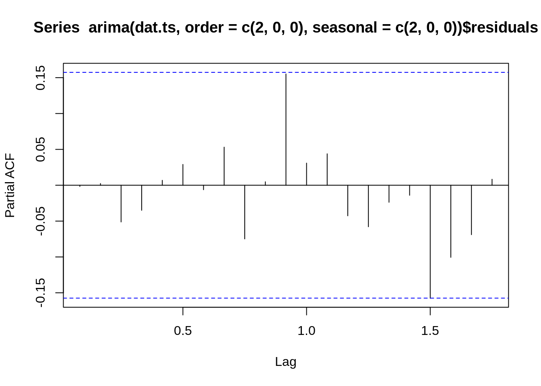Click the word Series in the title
(56, 28)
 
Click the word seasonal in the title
(345, 28)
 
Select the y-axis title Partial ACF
(10, 185)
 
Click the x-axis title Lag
(285, 362)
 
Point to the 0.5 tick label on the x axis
(183, 331)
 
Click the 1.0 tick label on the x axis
(306, 331)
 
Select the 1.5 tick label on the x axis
(430, 331)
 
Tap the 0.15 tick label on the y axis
(41, 78)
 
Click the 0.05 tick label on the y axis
(41, 149)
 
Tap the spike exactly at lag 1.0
(307, 174)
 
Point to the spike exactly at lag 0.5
(183, 175)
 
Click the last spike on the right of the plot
(492, 182)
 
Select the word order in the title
(204, 28)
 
